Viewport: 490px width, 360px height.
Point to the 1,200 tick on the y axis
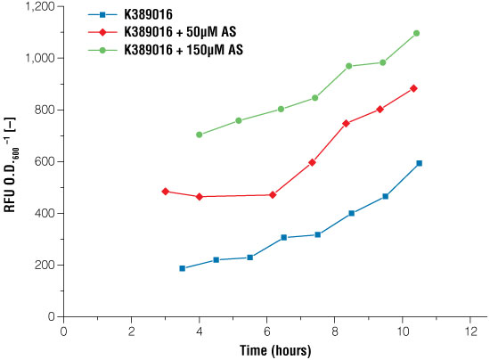(x=40, y=7)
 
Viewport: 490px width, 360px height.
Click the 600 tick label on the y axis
(x=46, y=162)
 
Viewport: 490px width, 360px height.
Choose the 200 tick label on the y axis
(x=46, y=266)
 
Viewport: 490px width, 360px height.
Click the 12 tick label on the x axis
(x=470, y=331)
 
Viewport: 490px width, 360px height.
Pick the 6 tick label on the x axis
(x=266, y=331)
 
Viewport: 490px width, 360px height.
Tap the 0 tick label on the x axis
(x=63, y=331)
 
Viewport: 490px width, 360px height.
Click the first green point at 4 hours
(x=199, y=135)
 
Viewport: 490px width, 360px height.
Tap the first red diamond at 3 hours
(x=166, y=192)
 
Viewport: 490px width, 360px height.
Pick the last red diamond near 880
(x=413, y=88)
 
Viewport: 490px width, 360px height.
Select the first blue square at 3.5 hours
(x=182, y=268)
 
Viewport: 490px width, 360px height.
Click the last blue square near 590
(x=419, y=163)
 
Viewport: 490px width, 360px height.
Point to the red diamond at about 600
(x=312, y=162)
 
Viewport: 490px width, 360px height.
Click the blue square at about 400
(x=352, y=213)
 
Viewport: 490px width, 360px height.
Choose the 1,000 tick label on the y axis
(x=40, y=59)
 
